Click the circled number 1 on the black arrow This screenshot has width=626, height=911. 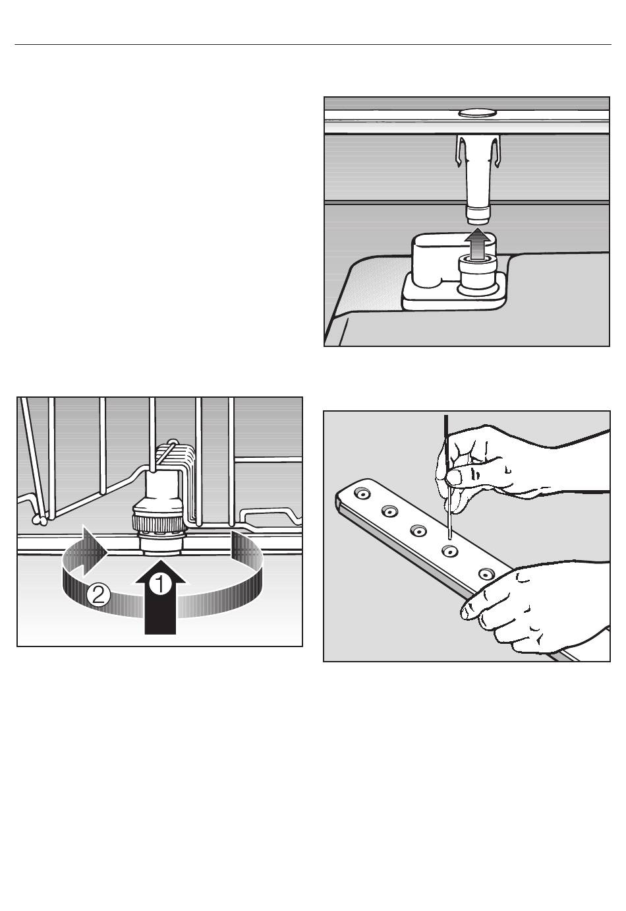point(159,585)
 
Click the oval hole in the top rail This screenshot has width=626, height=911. point(477,113)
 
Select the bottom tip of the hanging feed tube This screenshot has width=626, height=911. point(478,220)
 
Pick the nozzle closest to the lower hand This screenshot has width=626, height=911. point(486,575)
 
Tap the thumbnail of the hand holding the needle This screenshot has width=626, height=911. point(454,477)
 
